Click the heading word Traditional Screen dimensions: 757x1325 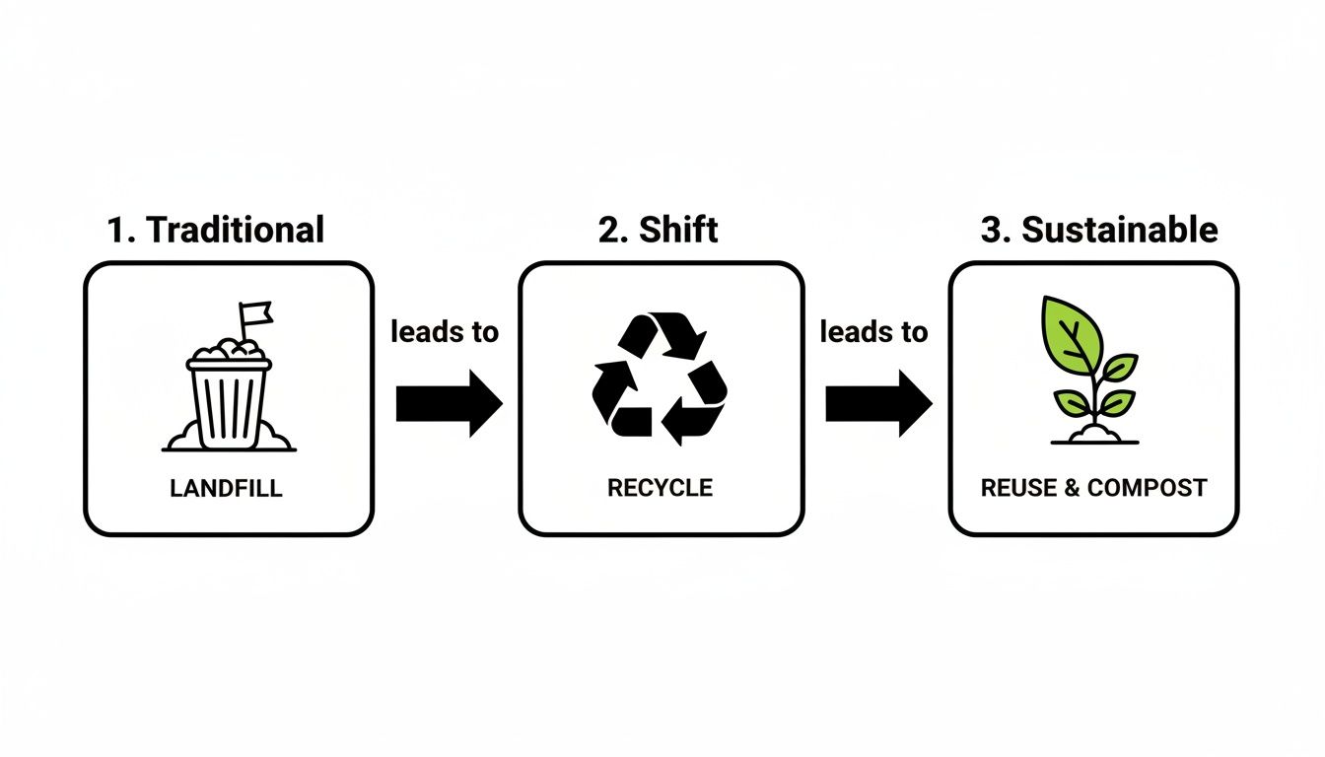pyautogui.click(x=235, y=230)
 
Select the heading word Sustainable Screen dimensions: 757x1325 pyautogui.click(x=1119, y=230)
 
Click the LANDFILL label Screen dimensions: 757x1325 pyautogui.click(x=228, y=488)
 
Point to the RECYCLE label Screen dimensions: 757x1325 pyautogui.click(x=660, y=488)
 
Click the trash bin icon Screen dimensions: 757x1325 pyautogui.click(x=229, y=399)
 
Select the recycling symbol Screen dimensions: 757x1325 pyautogui.click(x=660, y=375)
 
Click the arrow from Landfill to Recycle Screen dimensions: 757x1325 pyautogui.click(x=450, y=403)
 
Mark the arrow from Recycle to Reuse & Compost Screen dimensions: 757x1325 pyautogui.click(x=878, y=403)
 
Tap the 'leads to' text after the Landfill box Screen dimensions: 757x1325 pyautogui.click(x=445, y=332)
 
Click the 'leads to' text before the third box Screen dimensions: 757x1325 pyautogui.click(x=874, y=332)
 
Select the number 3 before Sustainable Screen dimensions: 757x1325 pyautogui.click(x=993, y=230)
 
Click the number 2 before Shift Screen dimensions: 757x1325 pyautogui.click(x=608, y=230)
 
